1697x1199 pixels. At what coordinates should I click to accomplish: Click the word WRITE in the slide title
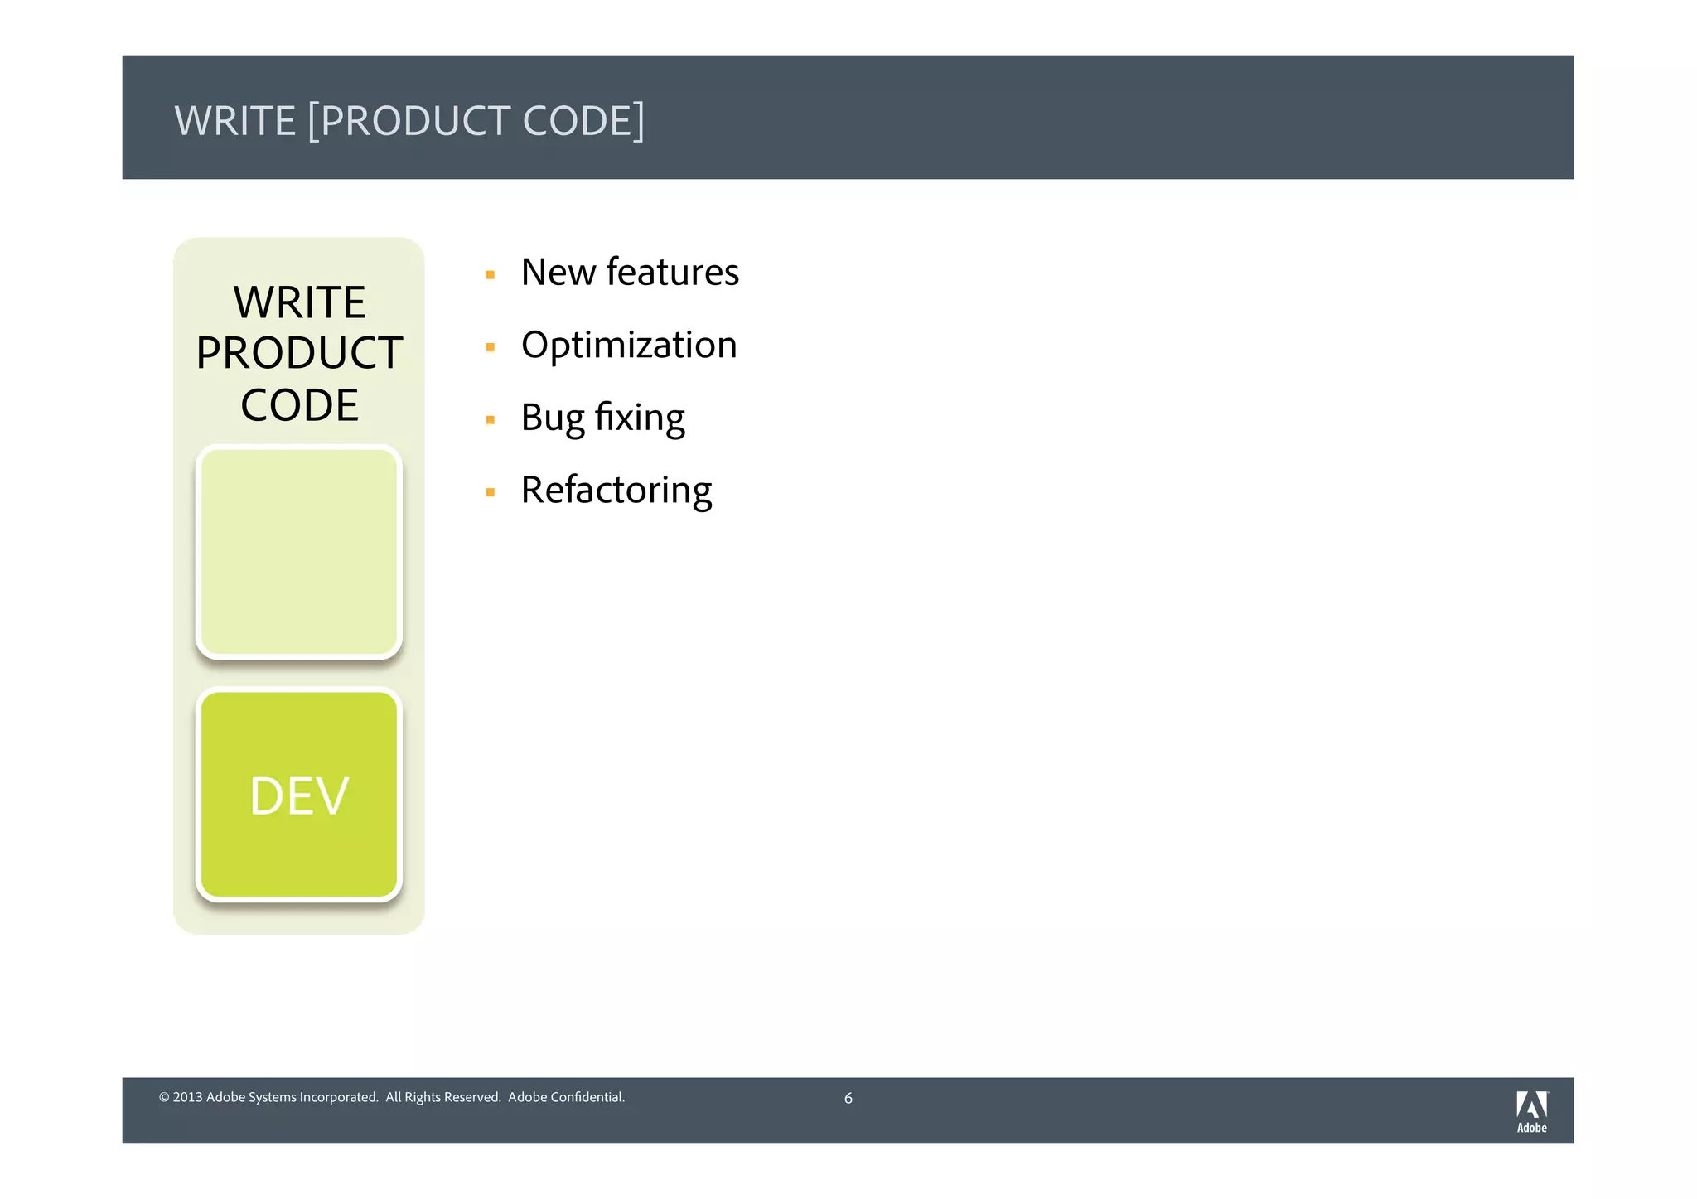[234, 121]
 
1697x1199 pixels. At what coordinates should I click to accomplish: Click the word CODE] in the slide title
[583, 121]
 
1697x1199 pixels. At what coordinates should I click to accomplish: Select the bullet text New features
[630, 273]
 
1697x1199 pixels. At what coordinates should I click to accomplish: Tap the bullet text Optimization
[629, 345]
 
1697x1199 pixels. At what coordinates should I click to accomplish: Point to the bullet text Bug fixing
[602, 418]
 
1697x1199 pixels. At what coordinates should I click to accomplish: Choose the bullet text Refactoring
[616, 491]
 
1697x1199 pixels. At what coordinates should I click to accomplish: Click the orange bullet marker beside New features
[491, 275]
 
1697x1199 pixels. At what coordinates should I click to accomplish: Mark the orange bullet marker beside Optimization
[491, 347]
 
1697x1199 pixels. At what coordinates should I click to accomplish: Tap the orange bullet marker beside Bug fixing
[491, 420]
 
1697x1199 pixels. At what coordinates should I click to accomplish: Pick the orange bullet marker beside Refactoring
[491, 492]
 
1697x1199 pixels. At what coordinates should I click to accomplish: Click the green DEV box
[299, 795]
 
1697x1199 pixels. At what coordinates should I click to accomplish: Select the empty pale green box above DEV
[299, 552]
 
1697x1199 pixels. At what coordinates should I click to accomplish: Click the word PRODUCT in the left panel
[299, 354]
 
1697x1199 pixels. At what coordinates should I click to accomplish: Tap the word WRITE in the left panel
[299, 302]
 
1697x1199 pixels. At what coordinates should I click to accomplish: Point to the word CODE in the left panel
[299, 406]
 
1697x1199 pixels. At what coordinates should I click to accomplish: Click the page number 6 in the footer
[848, 1099]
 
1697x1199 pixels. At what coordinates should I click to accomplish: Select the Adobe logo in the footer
[1531, 1111]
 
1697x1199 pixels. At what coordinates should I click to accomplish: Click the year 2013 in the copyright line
[187, 1098]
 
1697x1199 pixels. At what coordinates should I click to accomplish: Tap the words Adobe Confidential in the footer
[566, 1098]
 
